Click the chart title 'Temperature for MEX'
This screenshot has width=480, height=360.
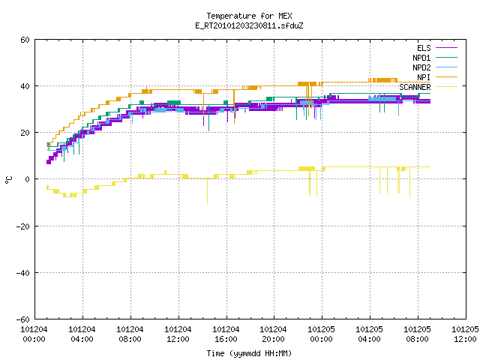tap(249, 16)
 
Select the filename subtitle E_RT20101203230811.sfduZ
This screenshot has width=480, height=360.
tap(249, 25)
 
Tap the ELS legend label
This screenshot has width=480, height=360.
tap(424, 48)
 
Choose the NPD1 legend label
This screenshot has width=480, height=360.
tap(421, 58)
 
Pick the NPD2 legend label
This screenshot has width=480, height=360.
tap(421, 67)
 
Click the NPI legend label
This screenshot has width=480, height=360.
tap(424, 77)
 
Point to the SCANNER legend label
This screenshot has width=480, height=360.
tap(415, 87)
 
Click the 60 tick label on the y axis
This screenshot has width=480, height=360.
tap(25, 40)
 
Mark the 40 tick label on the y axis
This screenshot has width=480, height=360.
tap(25, 86)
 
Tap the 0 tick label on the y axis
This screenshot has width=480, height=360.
tap(27, 179)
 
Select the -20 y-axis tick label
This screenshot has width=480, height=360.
tap(23, 226)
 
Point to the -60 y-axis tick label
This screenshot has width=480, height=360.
tap(23, 319)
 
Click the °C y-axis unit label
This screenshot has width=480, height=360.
tap(8, 180)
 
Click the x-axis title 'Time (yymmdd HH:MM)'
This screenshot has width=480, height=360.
tap(249, 353)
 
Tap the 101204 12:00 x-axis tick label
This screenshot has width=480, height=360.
tap(178, 334)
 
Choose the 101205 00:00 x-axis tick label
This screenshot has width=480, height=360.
tap(321, 334)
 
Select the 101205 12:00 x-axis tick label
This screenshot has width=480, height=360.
tap(465, 334)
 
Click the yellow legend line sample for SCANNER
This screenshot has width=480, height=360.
tap(446, 87)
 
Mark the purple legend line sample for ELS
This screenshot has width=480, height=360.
tap(446, 48)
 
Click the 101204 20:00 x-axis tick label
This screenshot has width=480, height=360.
tap(273, 334)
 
